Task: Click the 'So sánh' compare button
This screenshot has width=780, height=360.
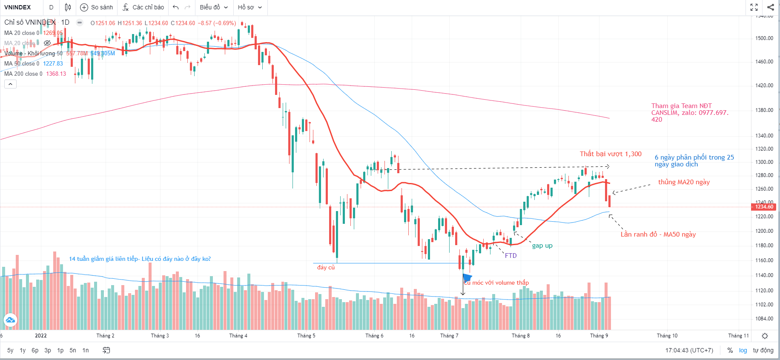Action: point(97,7)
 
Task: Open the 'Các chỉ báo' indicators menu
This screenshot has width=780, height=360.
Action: point(143,7)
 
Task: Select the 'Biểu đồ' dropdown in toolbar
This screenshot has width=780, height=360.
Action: point(214,7)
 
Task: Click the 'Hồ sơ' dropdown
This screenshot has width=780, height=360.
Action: point(249,7)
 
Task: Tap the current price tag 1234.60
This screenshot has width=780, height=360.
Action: point(764,207)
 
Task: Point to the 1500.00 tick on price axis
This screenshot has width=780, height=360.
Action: point(764,38)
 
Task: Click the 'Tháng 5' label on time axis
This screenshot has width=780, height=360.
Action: point(306,336)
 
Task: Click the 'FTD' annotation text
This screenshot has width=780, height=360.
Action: point(510,256)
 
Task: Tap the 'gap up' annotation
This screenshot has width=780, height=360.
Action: point(542,246)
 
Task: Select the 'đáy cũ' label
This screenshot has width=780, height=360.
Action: point(326,268)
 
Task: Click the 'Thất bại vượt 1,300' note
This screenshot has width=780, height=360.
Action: point(610,154)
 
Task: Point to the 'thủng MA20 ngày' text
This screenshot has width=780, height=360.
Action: point(684,182)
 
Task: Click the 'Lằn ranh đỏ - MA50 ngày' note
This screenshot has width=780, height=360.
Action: point(658,234)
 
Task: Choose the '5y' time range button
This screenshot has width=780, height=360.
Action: point(10,350)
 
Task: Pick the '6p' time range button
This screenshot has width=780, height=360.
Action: point(35,350)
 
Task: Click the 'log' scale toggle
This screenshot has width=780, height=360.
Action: point(743,350)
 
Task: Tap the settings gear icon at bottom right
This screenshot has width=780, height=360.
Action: point(765,336)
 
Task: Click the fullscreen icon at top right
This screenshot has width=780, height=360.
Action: point(754,7)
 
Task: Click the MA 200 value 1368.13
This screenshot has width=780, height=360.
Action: point(56,74)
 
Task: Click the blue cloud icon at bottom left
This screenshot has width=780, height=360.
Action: point(10,320)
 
